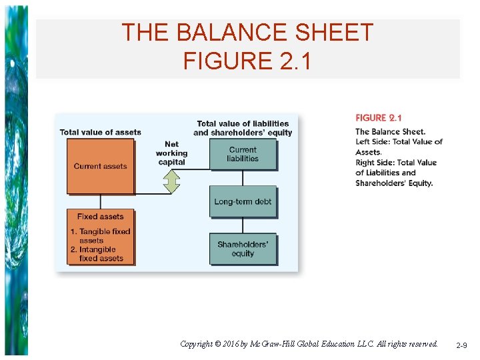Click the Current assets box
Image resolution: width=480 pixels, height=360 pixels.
pos(101,166)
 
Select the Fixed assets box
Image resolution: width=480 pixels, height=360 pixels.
pos(101,236)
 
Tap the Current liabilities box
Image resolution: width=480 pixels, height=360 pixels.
pos(243,154)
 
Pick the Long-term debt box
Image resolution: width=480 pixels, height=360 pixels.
pos(243,201)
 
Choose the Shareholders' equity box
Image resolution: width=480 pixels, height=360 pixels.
pos(243,249)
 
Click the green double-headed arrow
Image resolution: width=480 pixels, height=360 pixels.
pos(172,181)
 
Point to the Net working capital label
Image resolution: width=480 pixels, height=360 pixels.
pos(171,153)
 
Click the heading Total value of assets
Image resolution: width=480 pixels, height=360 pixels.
pos(101,132)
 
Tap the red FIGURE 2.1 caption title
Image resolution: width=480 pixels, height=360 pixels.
pos(378,118)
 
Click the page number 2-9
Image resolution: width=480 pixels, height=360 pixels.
pos(462,345)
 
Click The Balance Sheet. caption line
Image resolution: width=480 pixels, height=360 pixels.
pos(390,131)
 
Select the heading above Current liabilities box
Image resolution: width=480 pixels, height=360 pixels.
pos(243,127)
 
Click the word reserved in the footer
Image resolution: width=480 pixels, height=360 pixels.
pos(421,344)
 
